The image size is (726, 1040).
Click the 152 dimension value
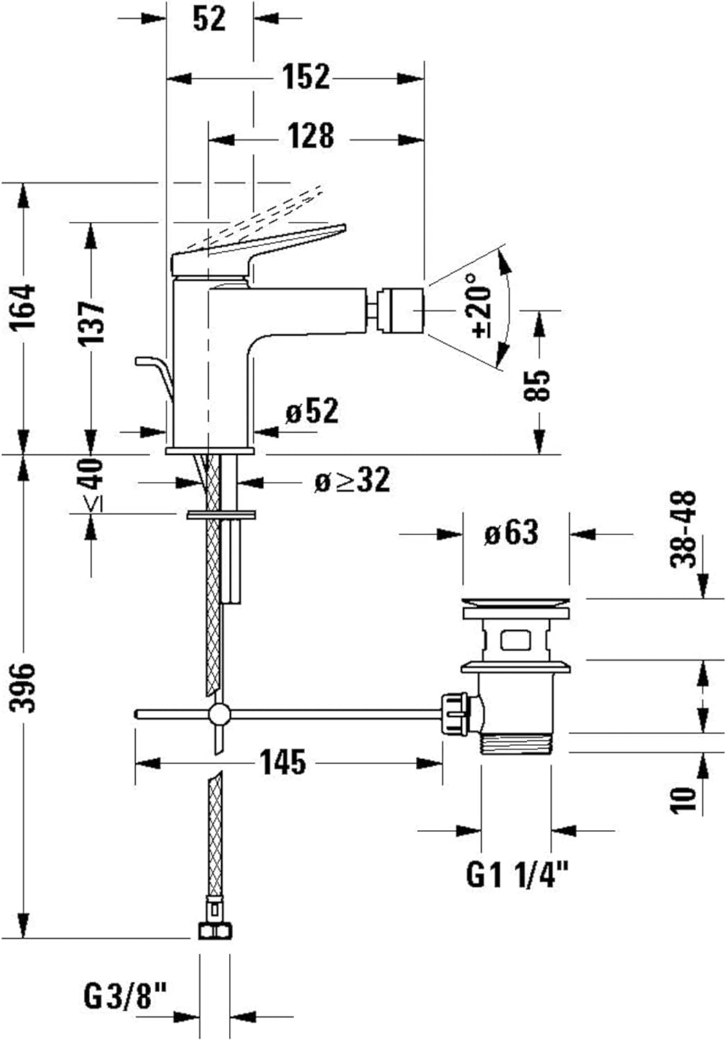(306, 76)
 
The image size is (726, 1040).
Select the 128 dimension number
(311, 136)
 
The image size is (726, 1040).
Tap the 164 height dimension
(25, 306)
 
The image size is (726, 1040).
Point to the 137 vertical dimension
(91, 323)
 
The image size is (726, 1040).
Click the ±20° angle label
(481, 305)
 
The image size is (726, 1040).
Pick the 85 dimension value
(539, 385)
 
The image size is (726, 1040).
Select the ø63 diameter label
(511, 533)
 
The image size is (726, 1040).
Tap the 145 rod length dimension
(283, 763)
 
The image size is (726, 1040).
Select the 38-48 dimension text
(685, 529)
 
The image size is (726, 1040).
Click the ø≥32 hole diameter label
(352, 480)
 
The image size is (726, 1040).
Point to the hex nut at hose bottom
(215, 930)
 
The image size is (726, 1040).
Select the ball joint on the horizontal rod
(219, 713)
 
